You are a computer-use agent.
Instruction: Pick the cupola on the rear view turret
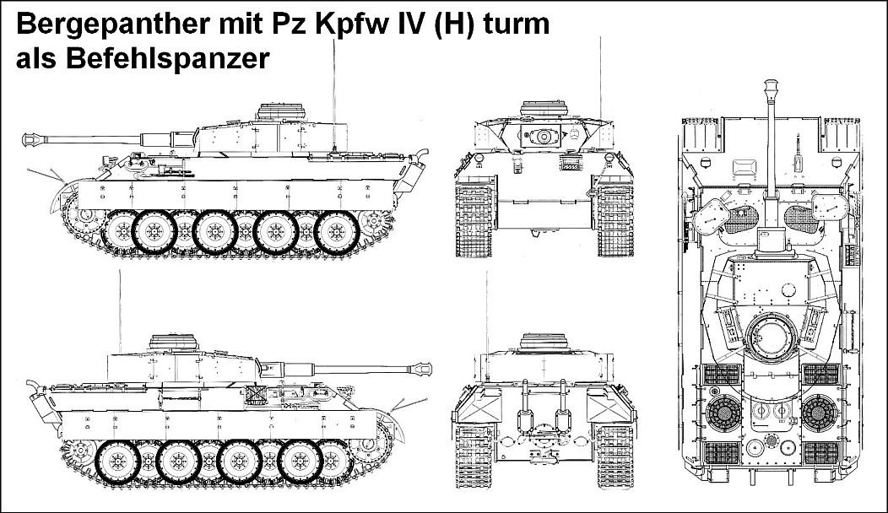(x=544, y=341)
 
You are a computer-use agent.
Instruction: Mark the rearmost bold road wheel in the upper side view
(x=337, y=231)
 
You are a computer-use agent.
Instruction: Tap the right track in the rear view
(x=615, y=456)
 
